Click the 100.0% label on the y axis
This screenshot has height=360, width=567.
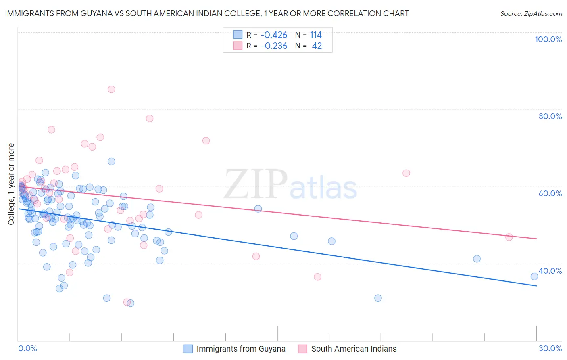click(548, 39)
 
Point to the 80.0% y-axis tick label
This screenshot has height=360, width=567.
click(550, 116)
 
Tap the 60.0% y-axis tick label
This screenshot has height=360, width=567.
click(550, 193)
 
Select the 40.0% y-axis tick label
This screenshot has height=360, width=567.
click(550, 271)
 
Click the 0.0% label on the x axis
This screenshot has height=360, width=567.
click(27, 348)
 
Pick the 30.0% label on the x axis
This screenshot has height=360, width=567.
click(550, 348)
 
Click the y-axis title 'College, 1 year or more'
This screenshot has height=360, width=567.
click(11, 184)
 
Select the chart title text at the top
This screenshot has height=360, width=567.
click(207, 14)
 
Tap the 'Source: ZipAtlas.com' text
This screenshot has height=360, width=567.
click(531, 14)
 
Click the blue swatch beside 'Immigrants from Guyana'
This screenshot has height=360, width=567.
click(188, 349)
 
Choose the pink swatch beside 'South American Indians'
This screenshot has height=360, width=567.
click(303, 349)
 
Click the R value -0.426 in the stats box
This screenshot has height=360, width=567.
click(274, 35)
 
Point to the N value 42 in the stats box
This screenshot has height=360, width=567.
click(317, 46)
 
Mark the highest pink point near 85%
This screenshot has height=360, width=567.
click(111, 89)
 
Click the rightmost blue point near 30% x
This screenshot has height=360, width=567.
click(534, 276)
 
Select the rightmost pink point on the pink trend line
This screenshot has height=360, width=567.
click(509, 237)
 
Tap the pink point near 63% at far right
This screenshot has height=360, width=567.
click(406, 173)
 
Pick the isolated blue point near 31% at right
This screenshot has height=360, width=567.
click(378, 298)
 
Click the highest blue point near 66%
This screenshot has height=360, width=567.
click(111, 161)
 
